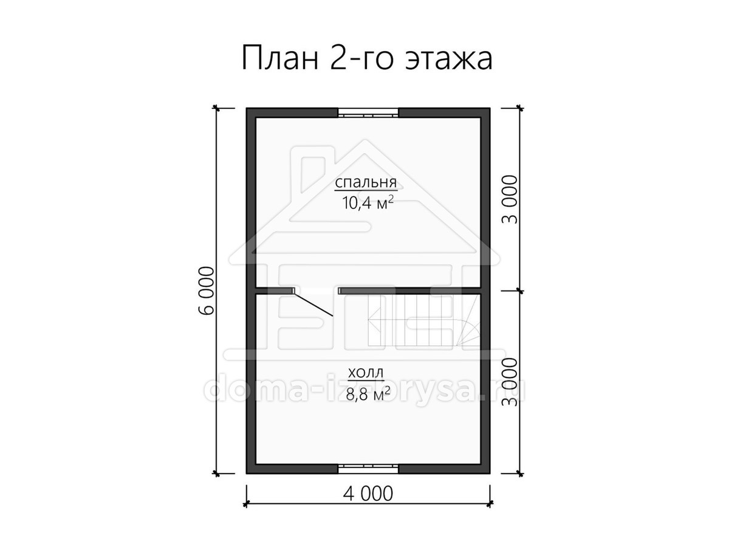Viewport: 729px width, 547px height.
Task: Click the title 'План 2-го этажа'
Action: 367,59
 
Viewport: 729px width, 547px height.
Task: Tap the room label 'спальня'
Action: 366,183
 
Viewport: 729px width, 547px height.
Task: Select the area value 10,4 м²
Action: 368,202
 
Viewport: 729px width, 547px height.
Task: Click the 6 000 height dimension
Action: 207,291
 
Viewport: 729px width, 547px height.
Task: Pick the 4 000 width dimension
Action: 368,503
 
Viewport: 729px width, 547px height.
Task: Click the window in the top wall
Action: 368,112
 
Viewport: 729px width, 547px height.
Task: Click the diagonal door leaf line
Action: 313,303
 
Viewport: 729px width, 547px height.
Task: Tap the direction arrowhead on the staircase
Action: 372,320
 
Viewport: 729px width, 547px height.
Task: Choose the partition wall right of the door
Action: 409,291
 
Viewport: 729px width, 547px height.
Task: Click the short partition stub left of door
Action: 275,291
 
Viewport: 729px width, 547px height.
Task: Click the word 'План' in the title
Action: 280,59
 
